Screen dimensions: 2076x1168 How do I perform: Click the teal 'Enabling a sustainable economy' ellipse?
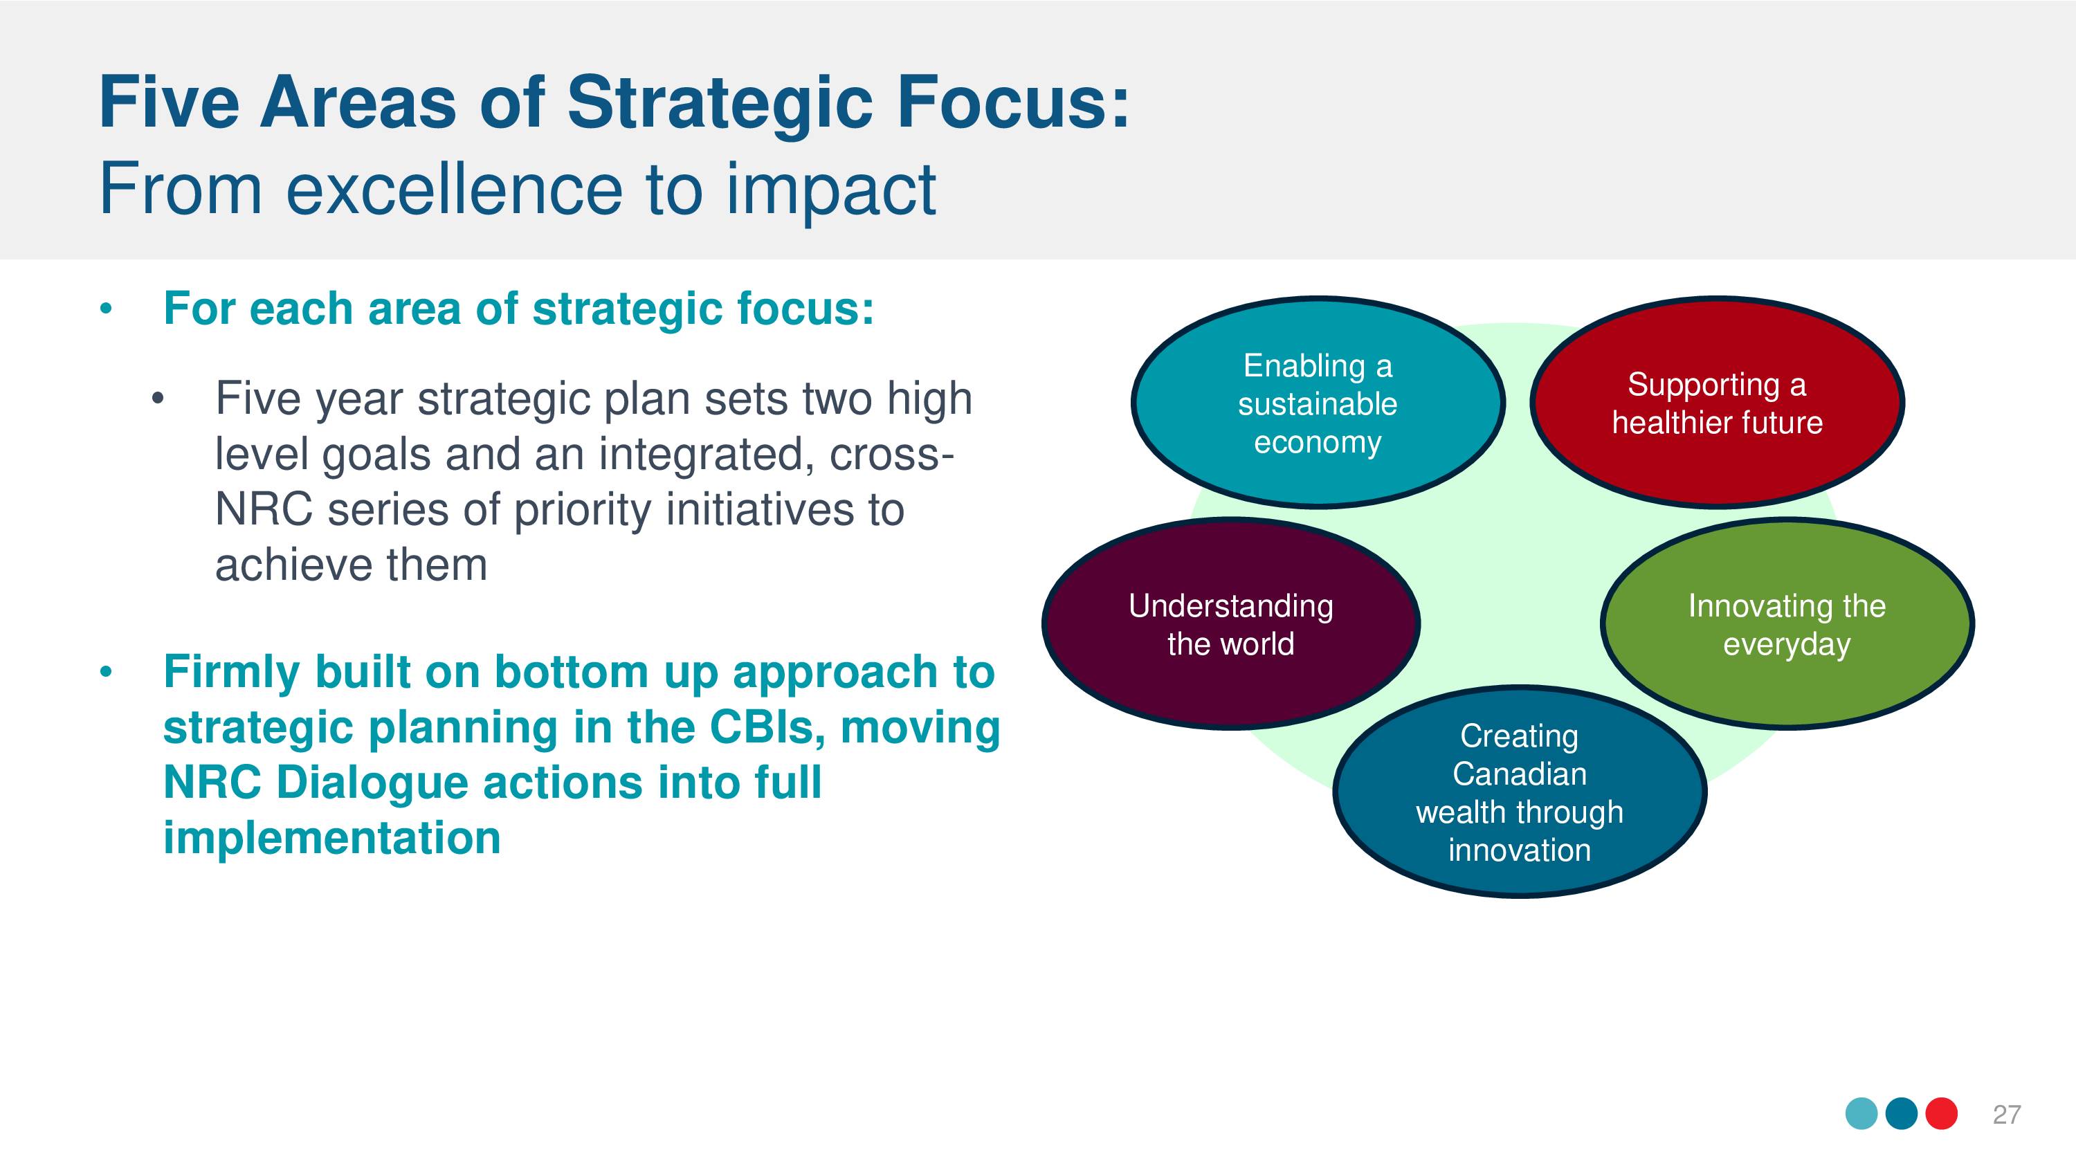coord(1318,402)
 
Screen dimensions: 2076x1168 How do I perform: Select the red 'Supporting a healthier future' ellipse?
coord(1717,402)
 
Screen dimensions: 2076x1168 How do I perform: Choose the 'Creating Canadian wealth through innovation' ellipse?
coord(1519,792)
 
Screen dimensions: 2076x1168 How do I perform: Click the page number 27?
coord(2007,1114)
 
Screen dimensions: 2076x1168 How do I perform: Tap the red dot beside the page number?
coord(1942,1114)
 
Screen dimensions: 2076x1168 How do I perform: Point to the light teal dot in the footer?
coord(1861,1114)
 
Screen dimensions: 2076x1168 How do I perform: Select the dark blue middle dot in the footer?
coord(1902,1114)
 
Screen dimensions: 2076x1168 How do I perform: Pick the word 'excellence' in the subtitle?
coord(455,189)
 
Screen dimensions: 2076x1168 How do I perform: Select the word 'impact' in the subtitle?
coord(831,192)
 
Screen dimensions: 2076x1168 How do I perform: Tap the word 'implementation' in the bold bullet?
coord(332,839)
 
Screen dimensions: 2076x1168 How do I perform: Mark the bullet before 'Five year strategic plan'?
coord(158,398)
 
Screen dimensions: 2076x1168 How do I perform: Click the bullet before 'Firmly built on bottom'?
coord(106,673)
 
